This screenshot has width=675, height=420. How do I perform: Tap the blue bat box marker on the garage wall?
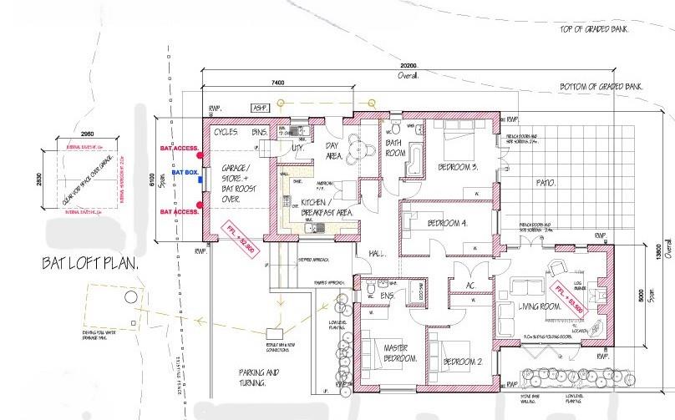click(x=200, y=173)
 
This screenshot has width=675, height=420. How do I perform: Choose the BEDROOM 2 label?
click(x=464, y=362)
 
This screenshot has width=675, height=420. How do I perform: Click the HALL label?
click(x=378, y=253)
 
